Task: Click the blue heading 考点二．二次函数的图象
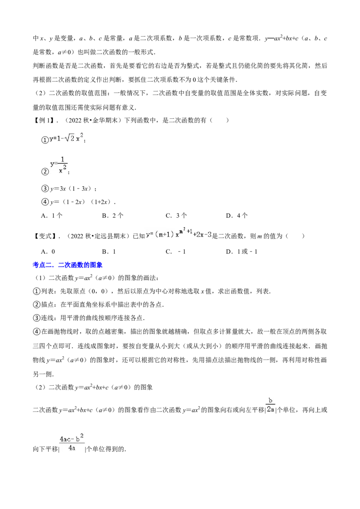67,265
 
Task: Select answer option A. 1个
52,215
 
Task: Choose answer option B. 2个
113,215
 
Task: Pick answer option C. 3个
176,215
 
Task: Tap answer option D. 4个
237,215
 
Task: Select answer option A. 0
48,251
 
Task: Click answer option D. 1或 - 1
242,251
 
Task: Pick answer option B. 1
109,251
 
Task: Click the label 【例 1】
44,120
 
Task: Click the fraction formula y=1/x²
59,165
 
